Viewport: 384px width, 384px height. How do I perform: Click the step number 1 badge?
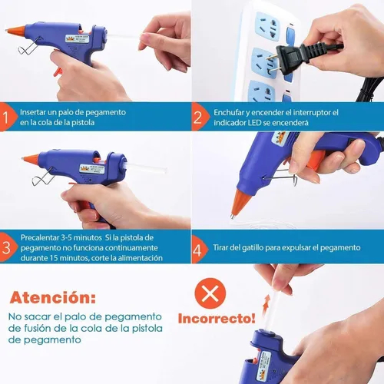point(7,117)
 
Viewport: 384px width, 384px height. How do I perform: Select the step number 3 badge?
point(7,247)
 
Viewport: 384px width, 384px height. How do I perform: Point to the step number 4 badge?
point(198,250)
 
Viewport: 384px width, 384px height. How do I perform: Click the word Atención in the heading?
point(53,297)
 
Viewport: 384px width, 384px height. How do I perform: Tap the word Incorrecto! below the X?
point(217,319)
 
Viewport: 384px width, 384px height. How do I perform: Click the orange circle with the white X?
point(210,293)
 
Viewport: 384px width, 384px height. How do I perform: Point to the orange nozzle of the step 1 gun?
point(16,30)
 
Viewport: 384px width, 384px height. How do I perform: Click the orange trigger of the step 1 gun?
point(58,71)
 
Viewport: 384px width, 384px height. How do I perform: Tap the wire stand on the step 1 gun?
point(30,47)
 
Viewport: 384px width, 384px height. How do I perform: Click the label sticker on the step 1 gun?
point(78,38)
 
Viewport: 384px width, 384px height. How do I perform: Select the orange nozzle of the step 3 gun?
point(31,159)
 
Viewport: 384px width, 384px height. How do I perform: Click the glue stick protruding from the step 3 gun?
point(147,167)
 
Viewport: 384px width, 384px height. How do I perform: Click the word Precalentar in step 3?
point(39,237)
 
